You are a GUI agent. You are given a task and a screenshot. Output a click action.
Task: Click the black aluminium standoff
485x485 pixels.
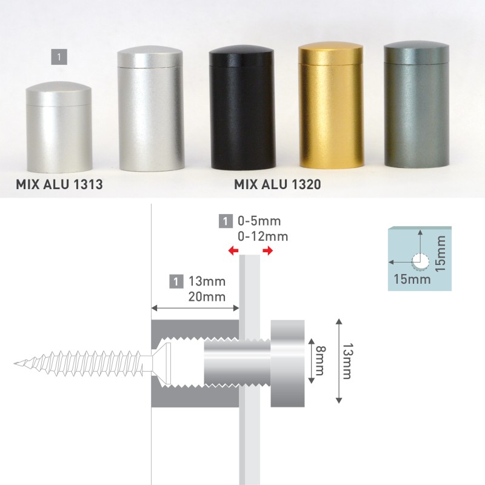coord(242,108)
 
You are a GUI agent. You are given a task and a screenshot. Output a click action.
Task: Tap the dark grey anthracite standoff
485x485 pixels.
coord(416,104)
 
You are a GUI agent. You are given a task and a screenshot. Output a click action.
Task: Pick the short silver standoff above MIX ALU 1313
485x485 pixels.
coord(59,127)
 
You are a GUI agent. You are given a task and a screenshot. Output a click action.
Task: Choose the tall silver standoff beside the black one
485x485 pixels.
coord(150,109)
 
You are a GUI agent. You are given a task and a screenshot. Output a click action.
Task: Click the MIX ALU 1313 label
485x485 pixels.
coord(59,184)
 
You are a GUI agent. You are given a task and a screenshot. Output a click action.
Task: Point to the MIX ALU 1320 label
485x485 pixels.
coord(278,184)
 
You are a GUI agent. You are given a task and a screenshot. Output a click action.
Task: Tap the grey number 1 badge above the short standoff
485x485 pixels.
coord(59,57)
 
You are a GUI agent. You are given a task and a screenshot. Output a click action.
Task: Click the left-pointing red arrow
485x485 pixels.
coord(233,250)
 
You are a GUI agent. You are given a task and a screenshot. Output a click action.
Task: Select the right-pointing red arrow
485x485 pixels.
coord(268,250)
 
